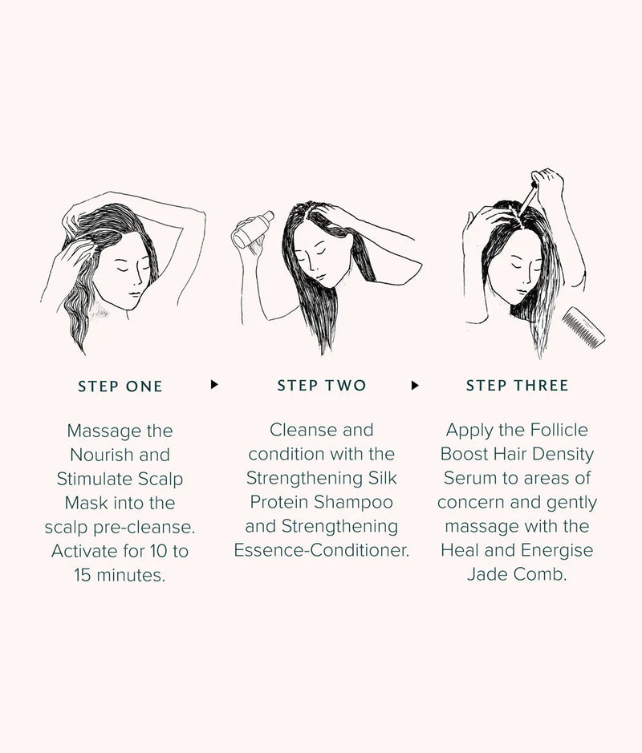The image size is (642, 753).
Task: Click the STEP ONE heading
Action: [x=120, y=387]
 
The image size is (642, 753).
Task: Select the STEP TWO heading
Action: [x=321, y=386]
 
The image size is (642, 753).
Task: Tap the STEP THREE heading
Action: [x=517, y=386]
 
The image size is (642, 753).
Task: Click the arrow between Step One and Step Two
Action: [x=214, y=385]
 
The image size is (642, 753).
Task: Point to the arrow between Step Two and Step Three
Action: [x=415, y=385]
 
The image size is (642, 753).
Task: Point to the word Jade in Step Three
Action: [x=485, y=574]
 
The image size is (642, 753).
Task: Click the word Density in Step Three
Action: [x=564, y=454]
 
